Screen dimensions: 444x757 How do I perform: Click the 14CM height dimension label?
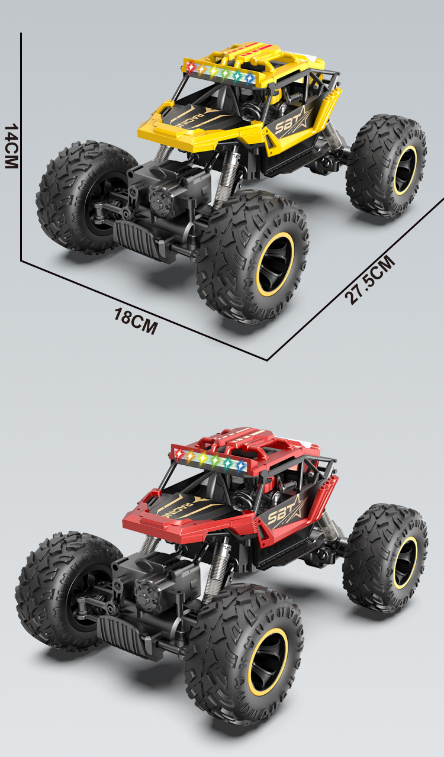11,146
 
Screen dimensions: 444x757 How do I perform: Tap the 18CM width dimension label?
136,321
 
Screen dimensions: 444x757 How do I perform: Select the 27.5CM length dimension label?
370,280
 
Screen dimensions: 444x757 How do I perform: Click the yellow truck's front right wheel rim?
275,266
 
